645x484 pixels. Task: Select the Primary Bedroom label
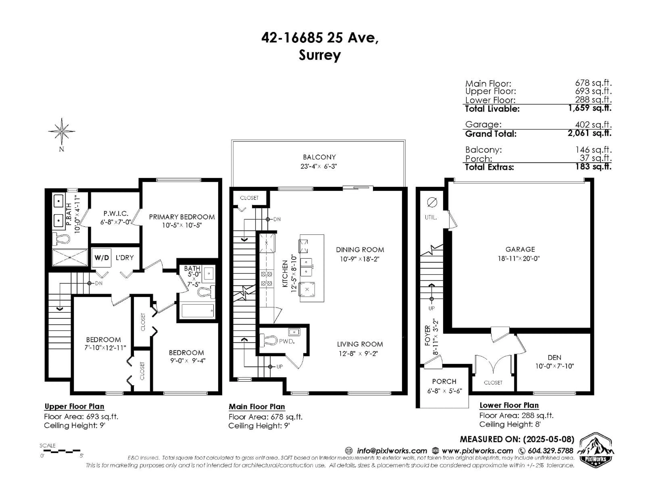point(182,217)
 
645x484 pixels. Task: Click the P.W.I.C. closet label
point(116,214)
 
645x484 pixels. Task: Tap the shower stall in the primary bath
point(70,257)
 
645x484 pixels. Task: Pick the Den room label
point(554,358)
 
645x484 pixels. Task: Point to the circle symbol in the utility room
point(432,202)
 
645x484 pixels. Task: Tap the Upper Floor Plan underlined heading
point(74,406)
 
